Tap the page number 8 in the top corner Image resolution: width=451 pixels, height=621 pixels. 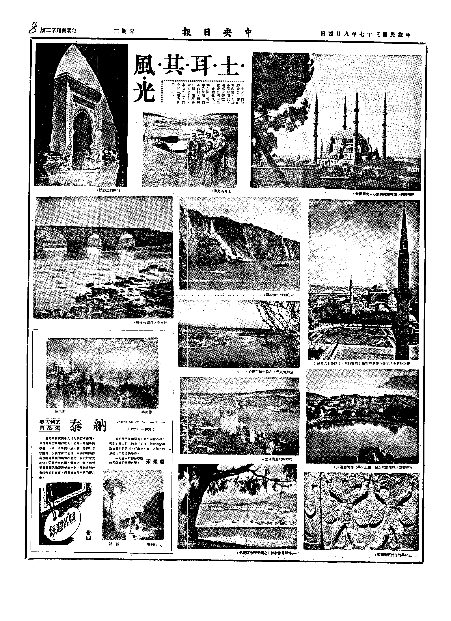click(33, 29)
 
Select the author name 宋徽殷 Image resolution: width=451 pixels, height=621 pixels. click(155, 462)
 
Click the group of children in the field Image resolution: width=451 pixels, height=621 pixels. click(207, 153)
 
